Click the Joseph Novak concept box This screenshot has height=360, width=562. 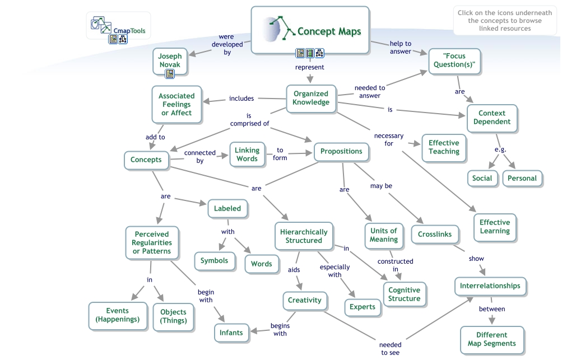click(170, 61)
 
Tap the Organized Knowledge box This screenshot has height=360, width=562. click(310, 98)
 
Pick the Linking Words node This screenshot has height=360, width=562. click(247, 155)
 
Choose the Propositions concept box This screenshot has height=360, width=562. click(341, 151)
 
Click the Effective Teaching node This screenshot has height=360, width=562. click(444, 147)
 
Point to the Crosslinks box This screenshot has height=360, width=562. click(435, 235)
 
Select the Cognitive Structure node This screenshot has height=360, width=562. click(404, 294)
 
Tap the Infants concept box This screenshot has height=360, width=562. click(231, 333)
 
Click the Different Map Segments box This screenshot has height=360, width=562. click(491, 339)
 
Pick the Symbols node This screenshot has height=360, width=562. click(214, 260)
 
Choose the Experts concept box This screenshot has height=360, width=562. click(362, 307)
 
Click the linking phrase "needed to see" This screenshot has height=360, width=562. click(390, 349)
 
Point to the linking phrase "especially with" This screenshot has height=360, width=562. click(335, 271)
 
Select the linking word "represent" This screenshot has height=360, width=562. click(310, 67)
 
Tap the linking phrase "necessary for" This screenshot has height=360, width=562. click(388, 139)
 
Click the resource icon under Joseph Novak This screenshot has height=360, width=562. click(170, 73)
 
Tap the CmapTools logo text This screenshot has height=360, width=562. click(129, 31)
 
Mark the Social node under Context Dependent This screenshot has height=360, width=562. click(482, 179)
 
